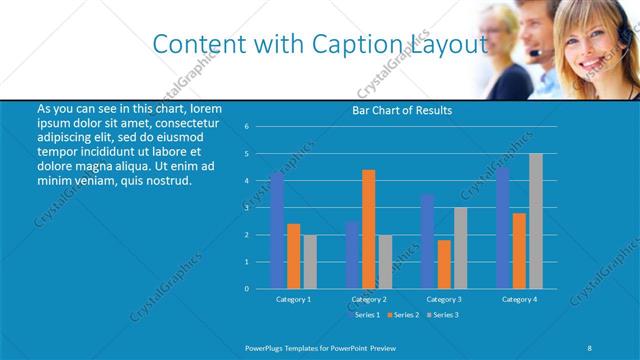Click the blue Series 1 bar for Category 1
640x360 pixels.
point(277,231)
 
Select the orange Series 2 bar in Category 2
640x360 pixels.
point(369,229)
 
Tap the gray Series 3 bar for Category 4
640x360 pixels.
point(536,221)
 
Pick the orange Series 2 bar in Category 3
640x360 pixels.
point(444,264)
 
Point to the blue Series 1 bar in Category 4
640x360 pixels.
point(503,228)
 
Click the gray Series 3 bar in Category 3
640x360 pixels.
point(460,248)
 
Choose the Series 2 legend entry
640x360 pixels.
point(403,314)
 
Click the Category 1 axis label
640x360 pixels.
point(293,299)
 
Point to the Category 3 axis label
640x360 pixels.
point(444,299)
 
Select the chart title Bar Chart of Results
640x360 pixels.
point(402,110)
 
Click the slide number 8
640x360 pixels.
point(589,347)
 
